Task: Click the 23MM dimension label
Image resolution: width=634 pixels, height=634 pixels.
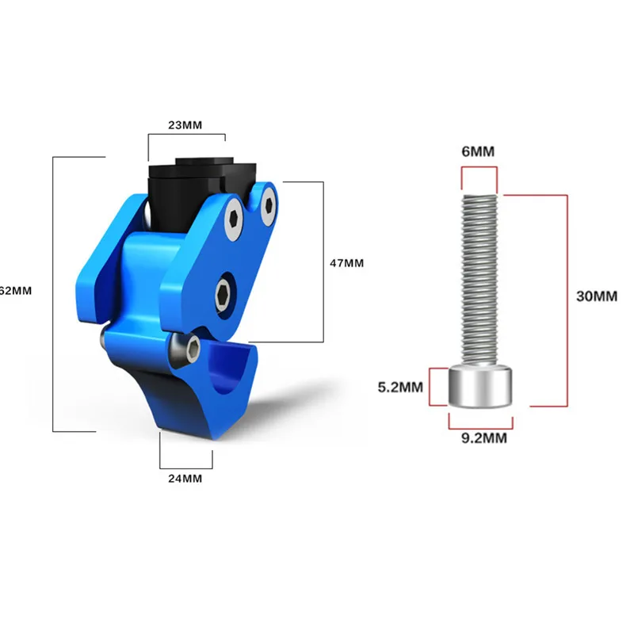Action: click(x=186, y=125)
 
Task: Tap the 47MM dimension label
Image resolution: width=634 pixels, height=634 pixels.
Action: click(x=346, y=263)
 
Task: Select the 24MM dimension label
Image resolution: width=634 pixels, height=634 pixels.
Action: click(x=186, y=479)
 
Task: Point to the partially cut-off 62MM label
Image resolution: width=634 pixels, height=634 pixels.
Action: click(x=16, y=291)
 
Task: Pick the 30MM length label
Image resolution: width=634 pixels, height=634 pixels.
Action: click(x=596, y=296)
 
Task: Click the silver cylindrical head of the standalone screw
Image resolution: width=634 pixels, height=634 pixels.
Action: click(x=479, y=387)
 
